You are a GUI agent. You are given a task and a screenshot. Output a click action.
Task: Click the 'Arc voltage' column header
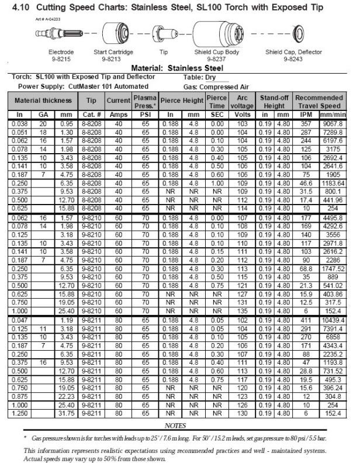pyautogui.click(x=241, y=101)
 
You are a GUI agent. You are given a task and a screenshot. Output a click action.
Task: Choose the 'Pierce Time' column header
pyautogui.click(x=217, y=101)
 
